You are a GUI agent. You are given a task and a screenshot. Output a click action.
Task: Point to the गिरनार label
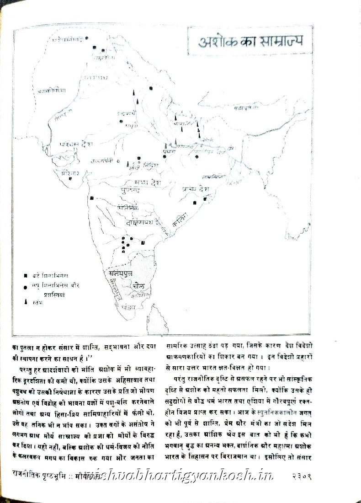click(65, 172)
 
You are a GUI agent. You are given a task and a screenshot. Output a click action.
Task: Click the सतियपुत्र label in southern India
click(121, 273)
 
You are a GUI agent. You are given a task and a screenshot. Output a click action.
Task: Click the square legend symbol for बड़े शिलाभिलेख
click(26, 276)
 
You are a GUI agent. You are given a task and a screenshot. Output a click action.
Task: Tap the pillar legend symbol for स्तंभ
click(26, 303)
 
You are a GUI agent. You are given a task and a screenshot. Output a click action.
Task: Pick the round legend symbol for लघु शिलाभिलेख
click(26, 285)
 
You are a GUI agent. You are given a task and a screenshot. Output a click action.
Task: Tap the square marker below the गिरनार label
click(70, 179)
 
